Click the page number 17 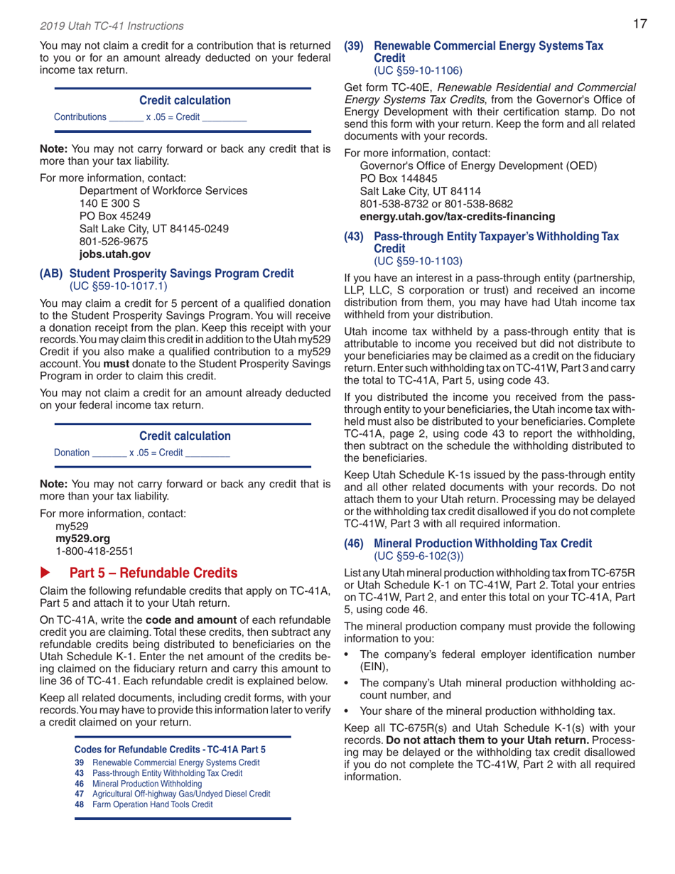click(639, 25)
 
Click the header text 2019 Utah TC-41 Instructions click(112, 26)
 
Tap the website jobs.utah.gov click(114, 254)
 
